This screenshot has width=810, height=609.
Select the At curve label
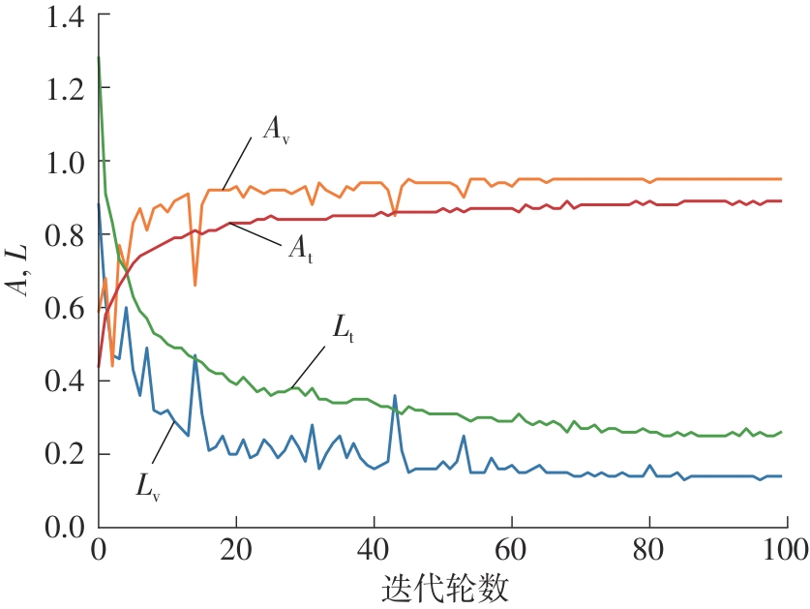point(301,250)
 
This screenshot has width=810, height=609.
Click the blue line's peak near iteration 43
point(395,395)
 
